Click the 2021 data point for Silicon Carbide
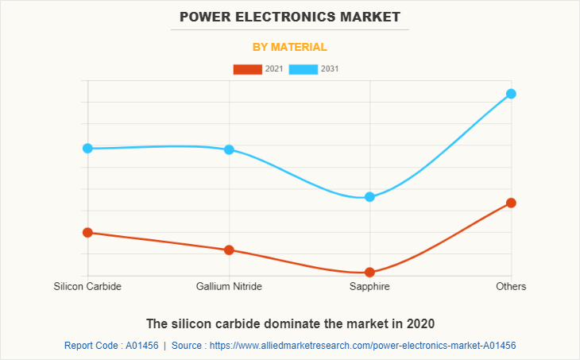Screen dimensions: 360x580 click(87, 233)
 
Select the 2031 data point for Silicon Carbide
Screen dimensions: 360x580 click(87, 149)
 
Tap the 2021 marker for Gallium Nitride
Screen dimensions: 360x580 click(229, 250)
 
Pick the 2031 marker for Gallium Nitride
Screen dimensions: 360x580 click(229, 149)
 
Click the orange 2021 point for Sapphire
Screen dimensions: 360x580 click(369, 273)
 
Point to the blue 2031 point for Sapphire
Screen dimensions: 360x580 click(369, 197)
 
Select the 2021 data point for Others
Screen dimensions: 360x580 click(511, 203)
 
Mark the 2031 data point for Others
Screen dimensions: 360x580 click(511, 94)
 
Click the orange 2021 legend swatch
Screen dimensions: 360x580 click(247, 69)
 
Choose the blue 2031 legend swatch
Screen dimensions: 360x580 click(304, 69)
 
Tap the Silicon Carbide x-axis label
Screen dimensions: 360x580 click(87, 286)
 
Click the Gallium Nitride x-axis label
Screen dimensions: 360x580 click(229, 286)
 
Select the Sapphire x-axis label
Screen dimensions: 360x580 click(369, 286)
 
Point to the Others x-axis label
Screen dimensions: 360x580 click(511, 286)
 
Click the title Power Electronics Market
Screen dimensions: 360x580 click(290, 16)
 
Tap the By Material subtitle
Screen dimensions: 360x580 click(290, 47)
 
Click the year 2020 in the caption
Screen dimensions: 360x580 click(420, 323)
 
